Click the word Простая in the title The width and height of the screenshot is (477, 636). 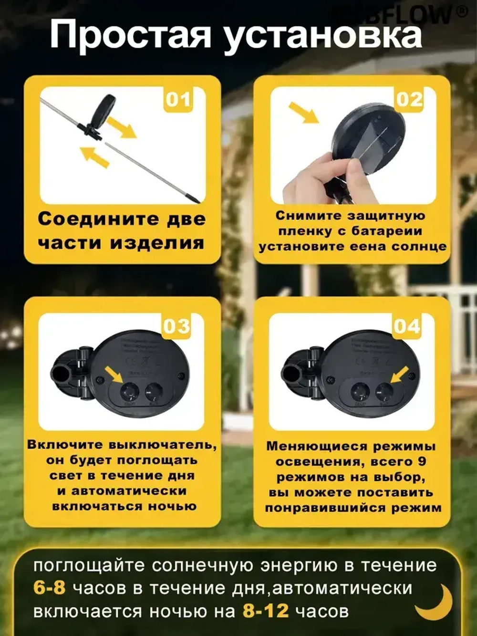[130, 34]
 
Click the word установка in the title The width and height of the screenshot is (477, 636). [323, 34]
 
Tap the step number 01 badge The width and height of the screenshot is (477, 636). [178, 100]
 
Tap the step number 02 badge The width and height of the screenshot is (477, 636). [409, 100]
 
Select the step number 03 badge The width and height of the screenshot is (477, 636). [176, 326]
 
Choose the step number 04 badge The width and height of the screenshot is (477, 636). [407, 326]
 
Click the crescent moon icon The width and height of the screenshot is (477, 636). [435, 602]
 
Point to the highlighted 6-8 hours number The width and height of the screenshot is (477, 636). [49, 587]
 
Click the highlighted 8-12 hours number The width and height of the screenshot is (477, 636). [266, 610]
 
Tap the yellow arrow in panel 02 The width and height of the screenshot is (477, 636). [304, 113]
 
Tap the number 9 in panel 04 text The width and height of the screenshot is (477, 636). [421, 462]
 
